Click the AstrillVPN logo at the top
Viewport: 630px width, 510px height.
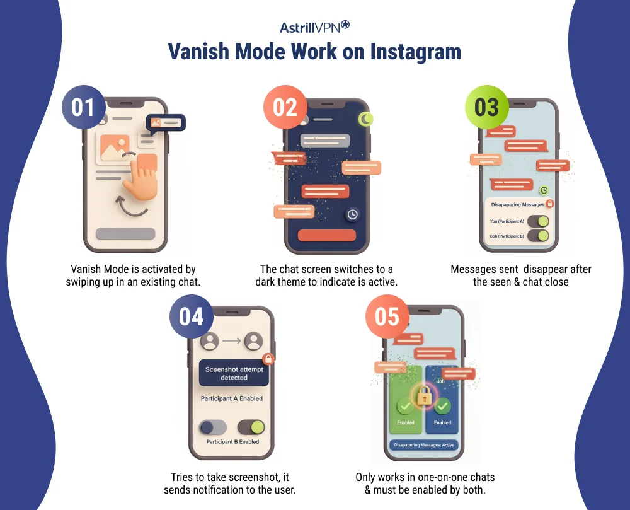[314, 27]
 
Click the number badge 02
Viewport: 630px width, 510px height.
[285, 107]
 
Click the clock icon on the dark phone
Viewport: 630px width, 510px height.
[353, 214]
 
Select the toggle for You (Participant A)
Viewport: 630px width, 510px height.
[538, 221]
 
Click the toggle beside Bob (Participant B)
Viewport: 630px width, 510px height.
[538, 236]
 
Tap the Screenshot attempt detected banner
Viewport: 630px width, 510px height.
[234, 373]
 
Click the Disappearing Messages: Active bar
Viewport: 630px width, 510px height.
[423, 445]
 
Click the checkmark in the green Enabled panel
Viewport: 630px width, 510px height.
[405, 407]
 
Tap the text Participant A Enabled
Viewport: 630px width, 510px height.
[232, 398]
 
